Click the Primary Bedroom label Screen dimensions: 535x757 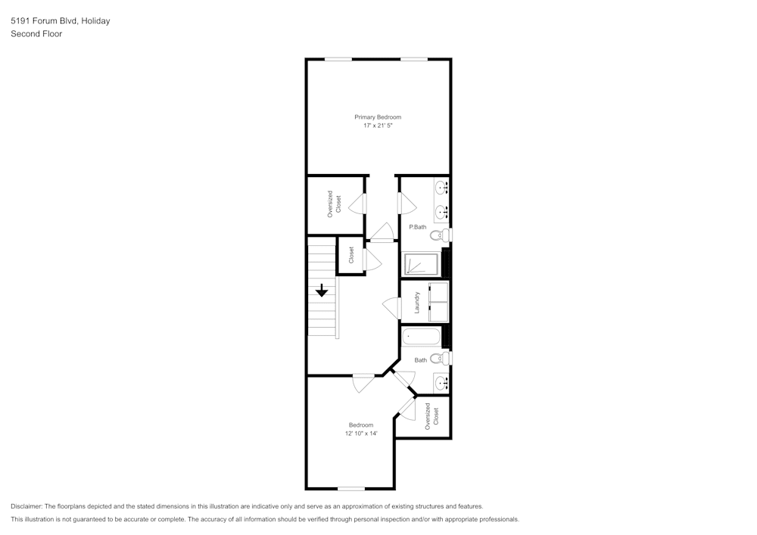coord(378,117)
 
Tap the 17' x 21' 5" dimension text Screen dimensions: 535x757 coord(378,126)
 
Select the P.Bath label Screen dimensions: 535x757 coord(418,227)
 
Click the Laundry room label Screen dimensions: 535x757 coord(417,303)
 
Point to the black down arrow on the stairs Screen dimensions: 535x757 coord(322,290)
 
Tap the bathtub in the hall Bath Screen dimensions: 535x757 coord(421,337)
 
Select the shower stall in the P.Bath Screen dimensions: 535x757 coord(421,264)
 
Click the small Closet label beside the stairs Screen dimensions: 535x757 coord(351,255)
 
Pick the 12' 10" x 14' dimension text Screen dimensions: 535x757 coord(360,434)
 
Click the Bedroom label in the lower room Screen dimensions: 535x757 coord(360,425)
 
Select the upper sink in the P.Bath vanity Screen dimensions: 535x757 coord(441,186)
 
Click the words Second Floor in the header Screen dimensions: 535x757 coord(36,34)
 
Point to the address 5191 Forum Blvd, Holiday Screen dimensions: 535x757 coord(61,21)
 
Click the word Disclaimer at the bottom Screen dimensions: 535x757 coord(27,506)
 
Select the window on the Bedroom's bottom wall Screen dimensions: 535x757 coord(351,489)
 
